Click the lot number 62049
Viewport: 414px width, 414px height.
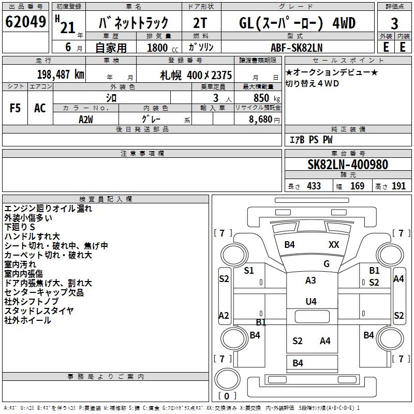click(x=25, y=23)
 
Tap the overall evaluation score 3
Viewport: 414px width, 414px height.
click(x=394, y=23)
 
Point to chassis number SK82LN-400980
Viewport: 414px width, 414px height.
click(x=348, y=165)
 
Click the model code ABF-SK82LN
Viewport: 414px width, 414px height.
click(x=297, y=47)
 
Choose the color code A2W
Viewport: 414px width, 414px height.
click(x=85, y=119)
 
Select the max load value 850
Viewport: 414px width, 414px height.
click(x=261, y=98)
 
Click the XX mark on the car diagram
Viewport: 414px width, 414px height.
click(x=334, y=245)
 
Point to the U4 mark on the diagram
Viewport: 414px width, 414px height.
click(x=310, y=301)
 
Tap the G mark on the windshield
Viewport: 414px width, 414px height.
click(x=327, y=263)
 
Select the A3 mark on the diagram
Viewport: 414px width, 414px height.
click(x=310, y=280)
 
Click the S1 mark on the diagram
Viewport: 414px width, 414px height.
click(x=249, y=270)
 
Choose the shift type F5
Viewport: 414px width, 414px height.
click(x=16, y=108)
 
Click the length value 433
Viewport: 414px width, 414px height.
click(x=314, y=186)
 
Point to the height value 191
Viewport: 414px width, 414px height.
click(x=399, y=186)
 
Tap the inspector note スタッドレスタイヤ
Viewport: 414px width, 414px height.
click(x=39, y=310)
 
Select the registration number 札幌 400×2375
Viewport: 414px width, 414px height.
click(x=196, y=75)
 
